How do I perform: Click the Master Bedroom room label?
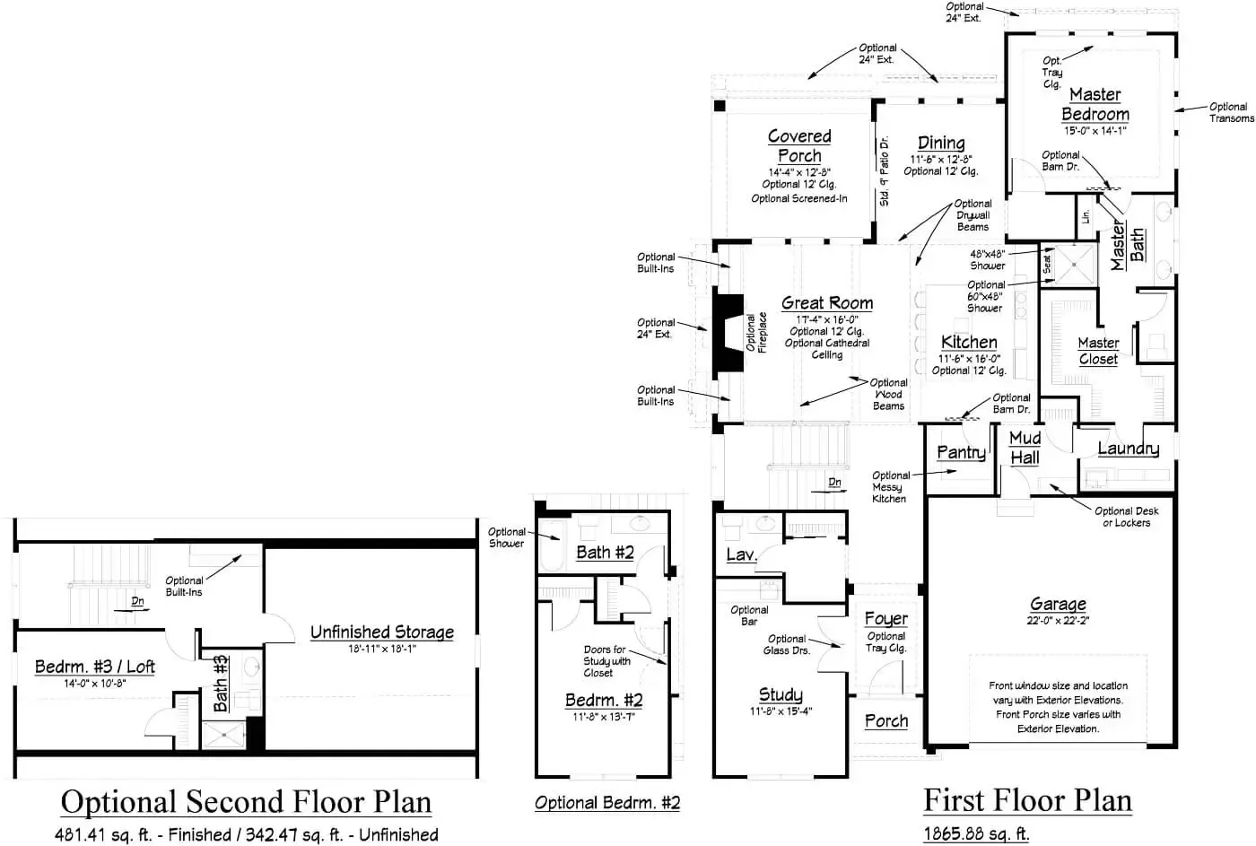[x=1095, y=104]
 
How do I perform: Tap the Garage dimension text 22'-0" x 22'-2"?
[x=1058, y=620]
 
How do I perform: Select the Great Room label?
[x=826, y=303]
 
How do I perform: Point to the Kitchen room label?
[x=969, y=342]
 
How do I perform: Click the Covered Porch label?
[x=799, y=145]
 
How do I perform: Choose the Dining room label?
[x=941, y=143]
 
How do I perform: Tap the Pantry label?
[x=961, y=452]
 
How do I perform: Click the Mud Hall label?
[x=1025, y=447]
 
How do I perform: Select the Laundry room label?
[x=1128, y=449]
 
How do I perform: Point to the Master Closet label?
[x=1098, y=351]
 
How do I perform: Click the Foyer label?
[x=885, y=619]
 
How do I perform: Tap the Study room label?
[x=781, y=694]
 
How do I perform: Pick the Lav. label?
[x=741, y=554]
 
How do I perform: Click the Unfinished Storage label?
[x=381, y=632]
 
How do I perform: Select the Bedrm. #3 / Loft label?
[x=94, y=667]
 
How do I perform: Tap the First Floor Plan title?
[x=1027, y=799]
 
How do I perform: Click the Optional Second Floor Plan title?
[x=246, y=801]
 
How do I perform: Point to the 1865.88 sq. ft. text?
[x=976, y=833]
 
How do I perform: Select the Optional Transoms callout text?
[x=1231, y=112]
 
